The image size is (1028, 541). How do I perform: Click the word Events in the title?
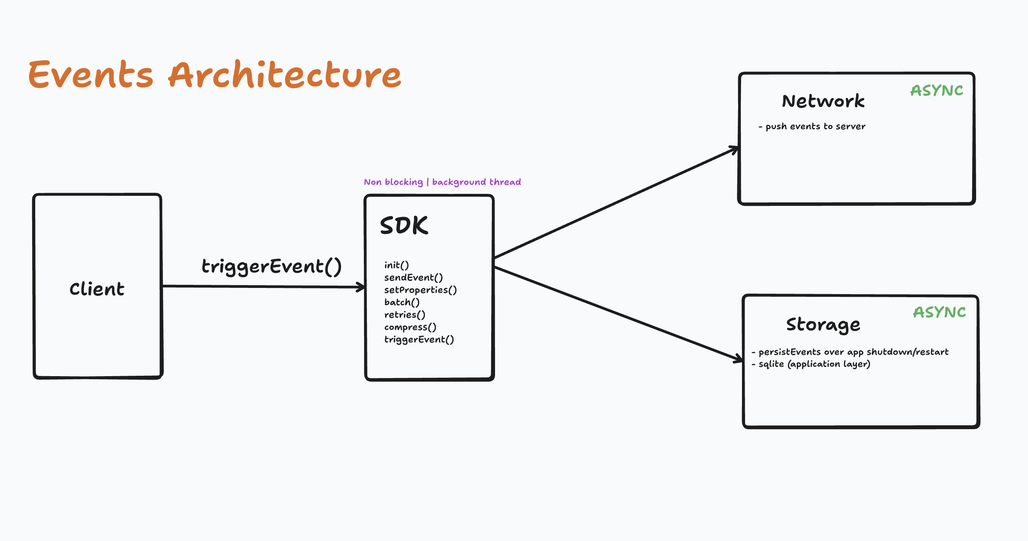coord(91,75)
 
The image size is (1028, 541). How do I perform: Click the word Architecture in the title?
coord(284,75)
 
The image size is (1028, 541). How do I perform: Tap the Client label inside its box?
coord(97,289)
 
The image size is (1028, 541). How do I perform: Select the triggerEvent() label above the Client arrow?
coord(271,267)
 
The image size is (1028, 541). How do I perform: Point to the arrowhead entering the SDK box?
coord(361,287)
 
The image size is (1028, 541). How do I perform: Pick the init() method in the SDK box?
coord(396,265)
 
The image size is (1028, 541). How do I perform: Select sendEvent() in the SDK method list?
coord(413,278)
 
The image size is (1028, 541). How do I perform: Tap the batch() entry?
coord(401,302)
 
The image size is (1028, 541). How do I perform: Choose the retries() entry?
coord(404,315)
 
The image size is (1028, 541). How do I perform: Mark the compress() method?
coord(410,327)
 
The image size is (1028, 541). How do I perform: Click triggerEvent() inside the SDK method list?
coord(419,339)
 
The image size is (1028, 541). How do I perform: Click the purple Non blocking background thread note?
coord(442,182)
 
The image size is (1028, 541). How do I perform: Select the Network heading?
coord(823,101)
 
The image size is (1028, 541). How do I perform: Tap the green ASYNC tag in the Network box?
coord(936,91)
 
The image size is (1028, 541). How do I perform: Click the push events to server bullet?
coord(812,127)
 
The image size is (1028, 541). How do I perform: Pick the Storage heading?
coord(823,325)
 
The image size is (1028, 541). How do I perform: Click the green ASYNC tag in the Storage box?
coord(939,312)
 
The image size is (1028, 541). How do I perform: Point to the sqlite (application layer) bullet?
coord(811,364)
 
